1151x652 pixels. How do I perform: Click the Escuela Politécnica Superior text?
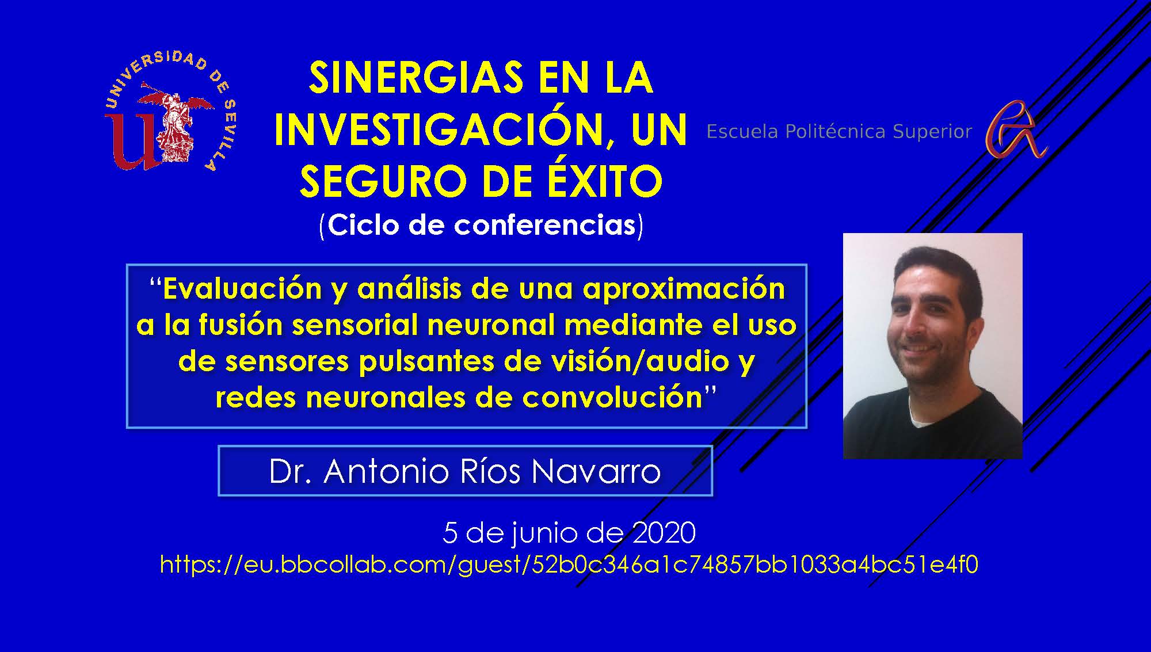[x=839, y=132]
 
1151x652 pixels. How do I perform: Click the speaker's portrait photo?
[x=932, y=346]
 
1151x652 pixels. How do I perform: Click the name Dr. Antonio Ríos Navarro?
[x=465, y=471]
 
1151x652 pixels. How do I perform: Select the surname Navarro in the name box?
[x=596, y=471]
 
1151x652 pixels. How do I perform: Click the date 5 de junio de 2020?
[x=569, y=533]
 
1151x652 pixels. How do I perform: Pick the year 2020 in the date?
[x=664, y=533]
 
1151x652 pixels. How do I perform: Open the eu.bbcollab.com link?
[x=569, y=565]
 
